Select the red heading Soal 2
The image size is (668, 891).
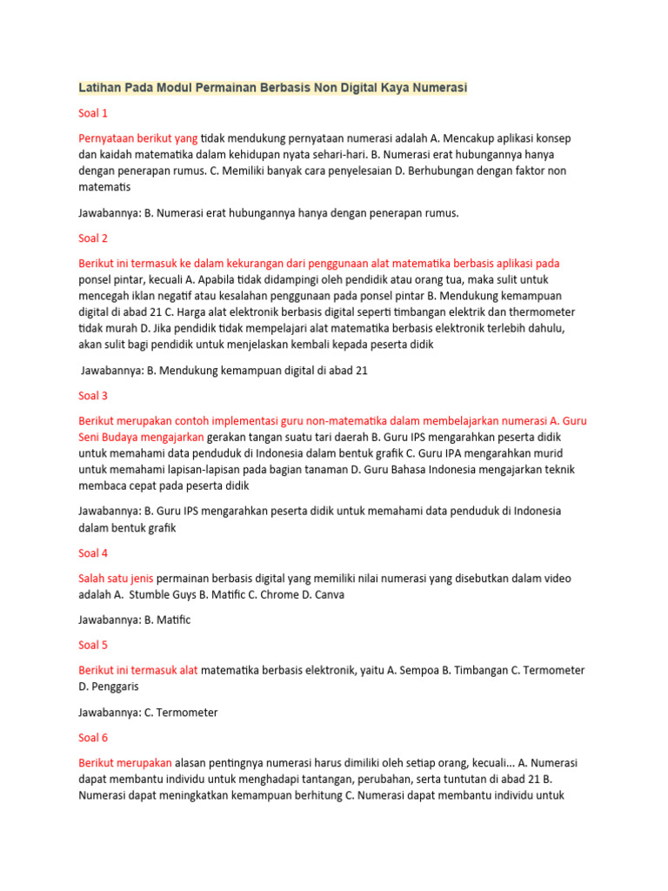[93, 238]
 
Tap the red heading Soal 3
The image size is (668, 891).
[93, 395]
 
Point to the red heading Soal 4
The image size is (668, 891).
[93, 553]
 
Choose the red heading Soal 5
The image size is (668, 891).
[93, 645]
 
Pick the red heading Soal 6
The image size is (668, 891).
[93, 737]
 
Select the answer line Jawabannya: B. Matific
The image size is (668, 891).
[134, 620]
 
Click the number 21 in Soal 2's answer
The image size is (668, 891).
[361, 370]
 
